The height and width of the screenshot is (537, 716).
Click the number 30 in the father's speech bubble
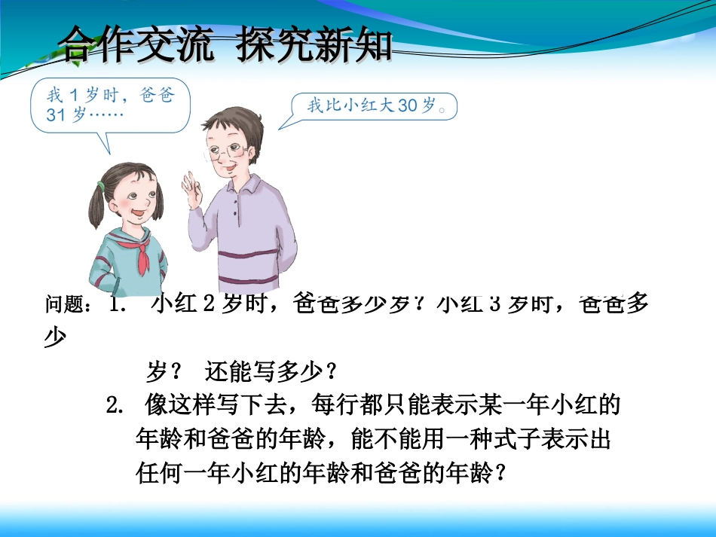point(407,106)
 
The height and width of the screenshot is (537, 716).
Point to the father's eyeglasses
point(225,151)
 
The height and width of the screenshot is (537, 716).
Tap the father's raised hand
point(189,185)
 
